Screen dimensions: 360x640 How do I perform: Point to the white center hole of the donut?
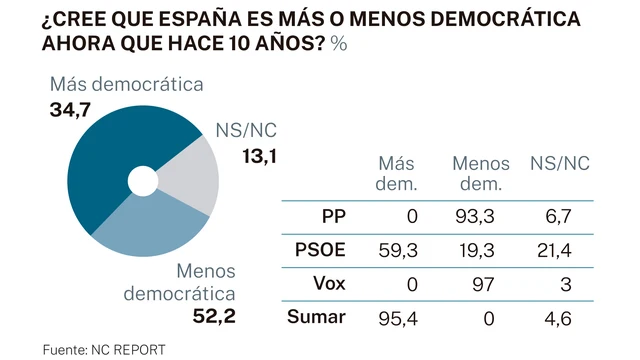(x=142, y=182)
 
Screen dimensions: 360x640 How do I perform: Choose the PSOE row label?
(x=321, y=251)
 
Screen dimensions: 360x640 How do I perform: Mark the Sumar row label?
(x=319, y=317)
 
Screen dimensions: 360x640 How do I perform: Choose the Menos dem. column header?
(x=481, y=173)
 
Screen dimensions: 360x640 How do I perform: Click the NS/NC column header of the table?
(x=559, y=164)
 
